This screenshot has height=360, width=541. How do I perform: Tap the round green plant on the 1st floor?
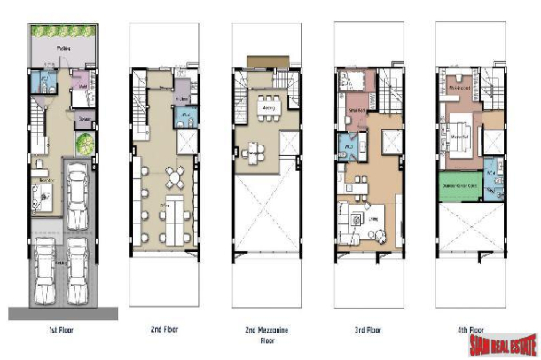coord(83,143)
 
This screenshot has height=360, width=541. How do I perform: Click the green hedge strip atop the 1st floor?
coord(64,32)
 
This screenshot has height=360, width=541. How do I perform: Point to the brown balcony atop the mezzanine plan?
coord(263,60)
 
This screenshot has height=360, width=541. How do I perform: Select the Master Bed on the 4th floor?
coord(461,141)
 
